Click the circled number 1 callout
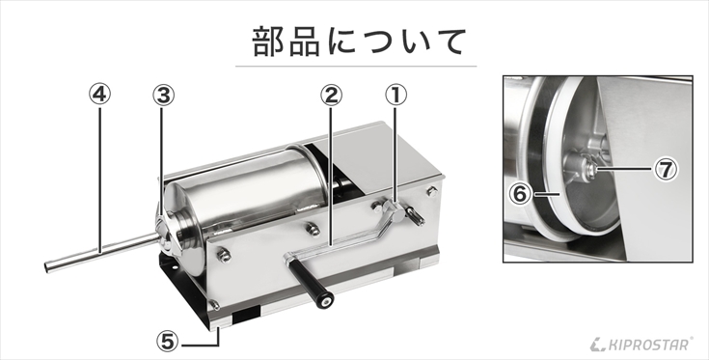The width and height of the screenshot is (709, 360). [x=395, y=95]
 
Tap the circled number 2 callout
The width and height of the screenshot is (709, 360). [x=332, y=95]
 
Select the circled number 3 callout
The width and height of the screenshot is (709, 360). [x=163, y=95]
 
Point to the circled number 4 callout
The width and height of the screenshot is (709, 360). [x=99, y=94]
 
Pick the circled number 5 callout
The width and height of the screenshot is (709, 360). [x=167, y=342]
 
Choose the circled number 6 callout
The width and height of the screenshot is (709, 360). [x=520, y=194]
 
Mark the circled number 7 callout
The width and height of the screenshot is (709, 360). [x=666, y=170]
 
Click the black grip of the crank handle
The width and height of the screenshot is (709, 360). [x=311, y=284]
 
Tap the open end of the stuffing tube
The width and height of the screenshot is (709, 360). [x=47, y=267]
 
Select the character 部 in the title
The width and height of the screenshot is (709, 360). [x=267, y=42]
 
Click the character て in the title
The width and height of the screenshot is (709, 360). [x=449, y=42]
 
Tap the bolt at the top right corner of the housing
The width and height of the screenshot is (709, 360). [x=432, y=191]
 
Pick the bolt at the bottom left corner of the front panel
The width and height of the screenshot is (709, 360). [x=215, y=304]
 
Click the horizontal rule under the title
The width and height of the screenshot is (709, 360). [x=356, y=67]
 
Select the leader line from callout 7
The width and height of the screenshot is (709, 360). [x=626, y=169]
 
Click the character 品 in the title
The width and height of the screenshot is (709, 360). [x=305, y=42]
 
